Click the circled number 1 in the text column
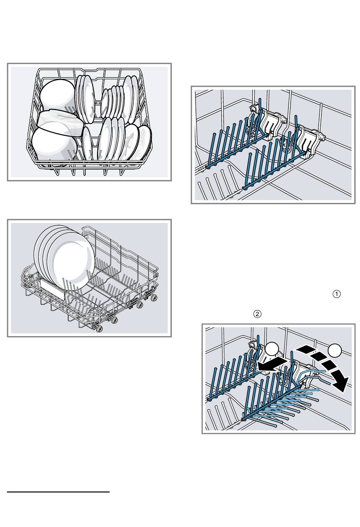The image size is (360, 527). [337, 294]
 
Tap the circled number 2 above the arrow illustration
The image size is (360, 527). [257, 314]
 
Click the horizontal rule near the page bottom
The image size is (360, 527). [58, 492]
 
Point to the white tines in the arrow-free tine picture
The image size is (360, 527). [216, 186]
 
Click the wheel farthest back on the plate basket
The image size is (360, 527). [154, 298]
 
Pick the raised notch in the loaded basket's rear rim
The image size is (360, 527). [98, 70]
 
